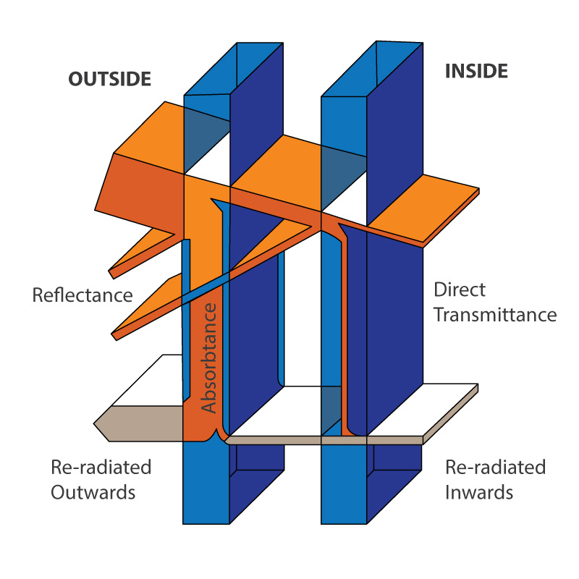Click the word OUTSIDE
coord(110,79)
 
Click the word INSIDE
coord(476,71)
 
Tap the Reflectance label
coord(83,295)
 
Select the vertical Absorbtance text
coord(208,358)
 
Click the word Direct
coord(459,289)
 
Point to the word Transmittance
coord(494,315)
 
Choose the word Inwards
coord(479,493)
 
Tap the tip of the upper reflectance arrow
coord(112,273)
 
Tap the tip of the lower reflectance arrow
coord(115,335)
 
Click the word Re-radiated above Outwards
coord(101,468)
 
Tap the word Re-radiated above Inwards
coord(495,468)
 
